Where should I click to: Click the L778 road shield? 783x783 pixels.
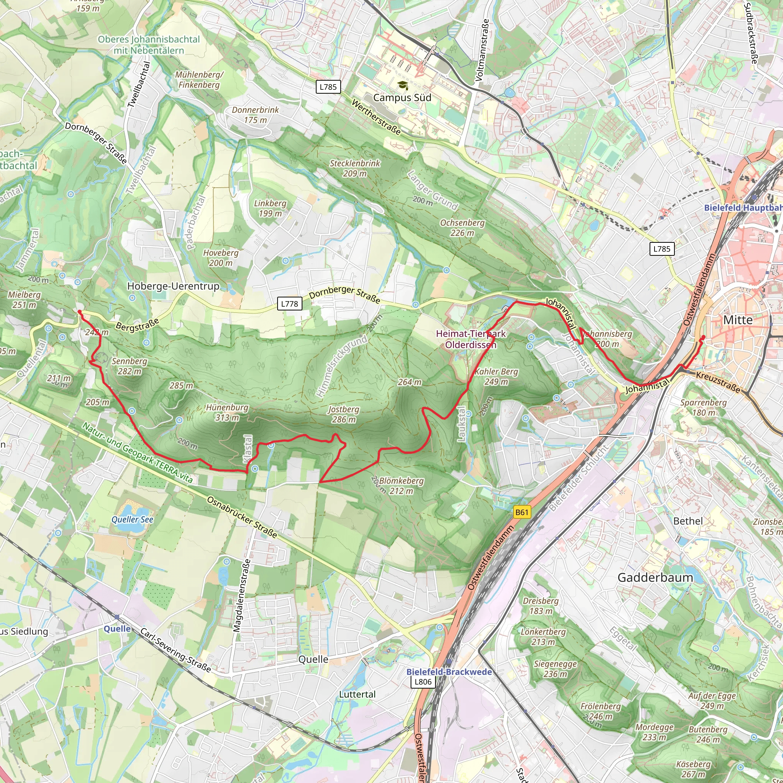pyautogui.click(x=289, y=304)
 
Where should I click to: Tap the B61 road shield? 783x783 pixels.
pyautogui.click(x=521, y=512)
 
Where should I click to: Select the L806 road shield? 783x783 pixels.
pyautogui.click(x=423, y=682)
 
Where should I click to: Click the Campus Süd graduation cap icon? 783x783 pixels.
pyautogui.click(x=402, y=85)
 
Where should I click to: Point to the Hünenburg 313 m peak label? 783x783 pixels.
pyautogui.click(x=227, y=412)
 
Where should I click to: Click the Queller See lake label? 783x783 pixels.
pyautogui.click(x=133, y=520)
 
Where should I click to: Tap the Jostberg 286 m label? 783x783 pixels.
pyautogui.click(x=344, y=414)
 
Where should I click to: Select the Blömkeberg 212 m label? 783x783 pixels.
pyautogui.click(x=401, y=486)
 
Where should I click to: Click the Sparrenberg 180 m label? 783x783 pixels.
pyautogui.click(x=703, y=407)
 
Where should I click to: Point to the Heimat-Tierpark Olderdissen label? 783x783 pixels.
pyautogui.click(x=471, y=339)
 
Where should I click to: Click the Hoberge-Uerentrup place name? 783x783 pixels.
pyautogui.click(x=173, y=286)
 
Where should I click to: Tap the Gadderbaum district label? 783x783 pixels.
pyautogui.click(x=655, y=578)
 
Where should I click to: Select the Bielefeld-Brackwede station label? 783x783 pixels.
pyautogui.click(x=449, y=671)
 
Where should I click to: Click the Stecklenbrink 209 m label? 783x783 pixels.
pyautogui.click(x=355, y=168)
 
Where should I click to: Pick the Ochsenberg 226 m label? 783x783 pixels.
pyautogui.click(x=463, y=228)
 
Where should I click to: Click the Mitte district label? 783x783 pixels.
pyautogui.click(x=738, y=320)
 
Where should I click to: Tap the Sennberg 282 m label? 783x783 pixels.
pyautogui.click(x=130, y=366)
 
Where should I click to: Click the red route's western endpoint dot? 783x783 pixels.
pyautogui.click(x=80, y=312)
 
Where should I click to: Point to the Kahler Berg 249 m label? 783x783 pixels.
pyautogui.click(x=497, y=377)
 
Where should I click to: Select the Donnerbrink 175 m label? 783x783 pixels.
pyautogui.click(x=255, y=115)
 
